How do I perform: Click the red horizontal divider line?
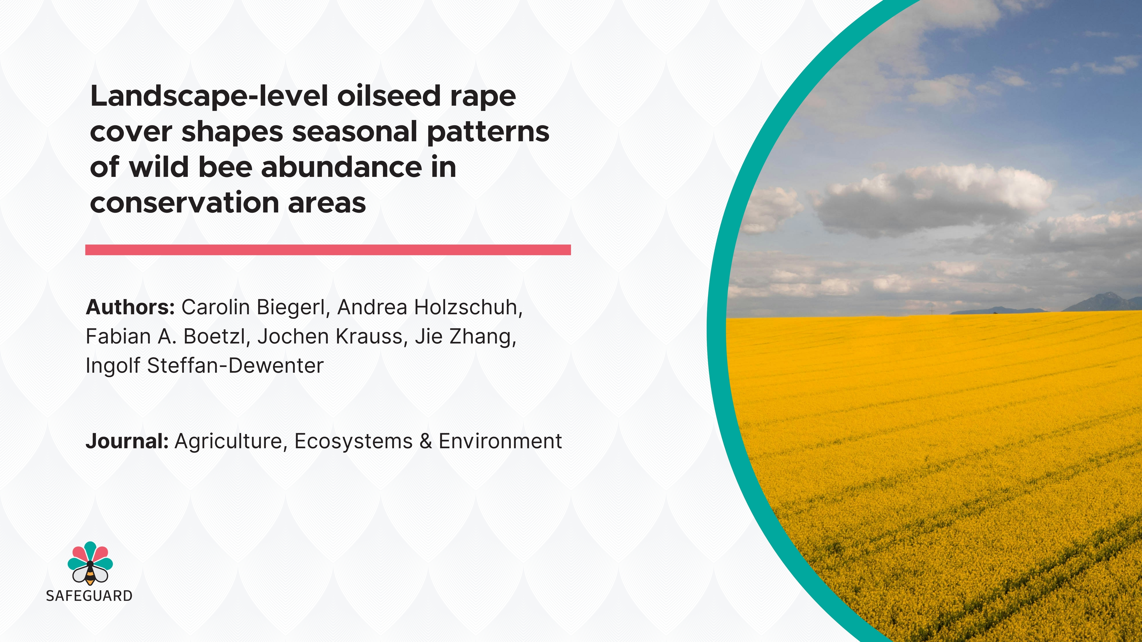pyautogui.click(x=328, y=250)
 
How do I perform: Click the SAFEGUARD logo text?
pyautogui.click(x=89, y=596)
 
